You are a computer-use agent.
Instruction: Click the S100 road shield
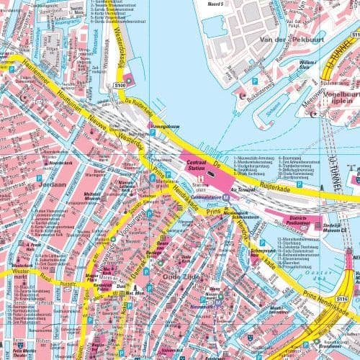click(120, 86)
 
